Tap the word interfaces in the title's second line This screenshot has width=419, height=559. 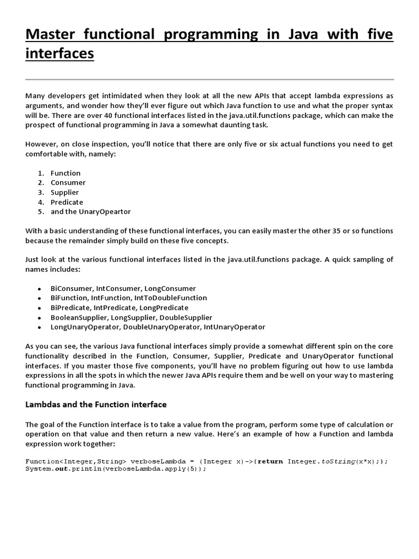[x=59, y=54]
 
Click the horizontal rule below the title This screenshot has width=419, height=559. [x=209, y=80]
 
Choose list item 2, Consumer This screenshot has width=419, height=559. [x=68, y=183]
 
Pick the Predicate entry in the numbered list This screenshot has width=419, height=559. [x=67, y=202]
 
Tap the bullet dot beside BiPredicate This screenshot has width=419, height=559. [x=39, y=308]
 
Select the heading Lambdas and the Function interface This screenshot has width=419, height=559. [x=96, y=405]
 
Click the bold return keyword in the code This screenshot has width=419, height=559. [x=270, y=461]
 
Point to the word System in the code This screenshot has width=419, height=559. [x=38, y=469]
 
